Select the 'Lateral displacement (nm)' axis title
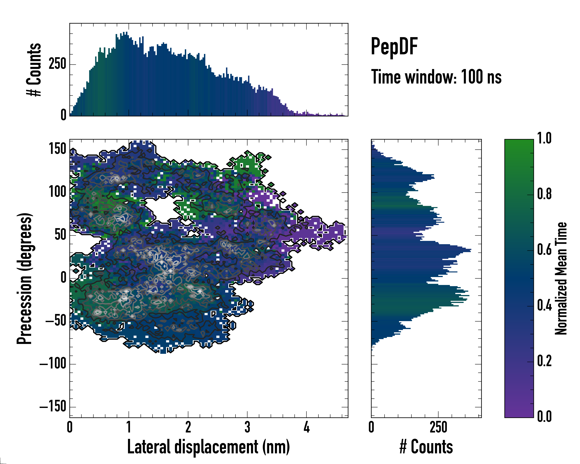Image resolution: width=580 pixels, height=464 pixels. tap(208, 447)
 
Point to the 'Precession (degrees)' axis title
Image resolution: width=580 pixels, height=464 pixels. tap(25, 278)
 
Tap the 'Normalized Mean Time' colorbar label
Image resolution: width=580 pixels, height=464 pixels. tap(561, 278)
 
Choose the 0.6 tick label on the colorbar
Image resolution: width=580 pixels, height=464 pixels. tap(544, 250)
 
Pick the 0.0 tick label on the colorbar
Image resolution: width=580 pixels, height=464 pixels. tap(544, 416)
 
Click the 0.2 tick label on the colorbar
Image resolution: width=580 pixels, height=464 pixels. tap(544, 361)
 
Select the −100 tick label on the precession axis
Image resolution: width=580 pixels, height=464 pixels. tap(53, 364)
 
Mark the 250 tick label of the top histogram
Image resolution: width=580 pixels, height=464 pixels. tap(57, 65)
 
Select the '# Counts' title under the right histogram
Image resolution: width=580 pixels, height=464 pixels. tap(426, 447)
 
